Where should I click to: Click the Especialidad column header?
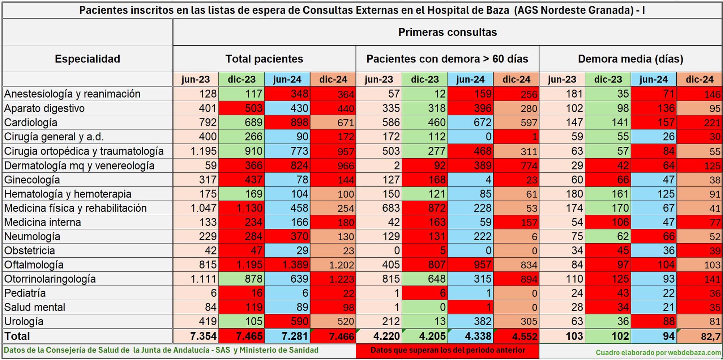pos(87,59)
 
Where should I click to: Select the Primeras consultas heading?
pos(447,32)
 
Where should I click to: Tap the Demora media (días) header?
pos(630,59)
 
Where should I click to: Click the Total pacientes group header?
pos(264,59)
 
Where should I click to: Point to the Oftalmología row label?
pos(34,265)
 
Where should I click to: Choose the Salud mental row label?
pos(35,307)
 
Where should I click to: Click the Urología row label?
pos(23,321)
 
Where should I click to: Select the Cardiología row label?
pos(31,123)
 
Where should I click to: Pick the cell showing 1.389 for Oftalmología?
pos(287,265)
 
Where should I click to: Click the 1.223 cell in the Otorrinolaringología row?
pos(333,279)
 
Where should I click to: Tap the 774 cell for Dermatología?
pos(516,166)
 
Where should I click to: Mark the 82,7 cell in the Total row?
pos(700,337)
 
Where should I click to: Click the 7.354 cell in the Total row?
pos(196,336)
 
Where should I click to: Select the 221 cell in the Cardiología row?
pos(700,123)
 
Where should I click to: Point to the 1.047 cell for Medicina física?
pos(196,208)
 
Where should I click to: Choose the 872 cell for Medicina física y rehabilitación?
pos(425,208)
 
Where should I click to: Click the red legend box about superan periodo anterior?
pos(448,350)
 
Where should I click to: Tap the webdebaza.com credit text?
pos(658,352)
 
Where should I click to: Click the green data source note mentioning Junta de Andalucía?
pos(161,350)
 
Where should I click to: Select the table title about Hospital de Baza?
pos(361,10)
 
